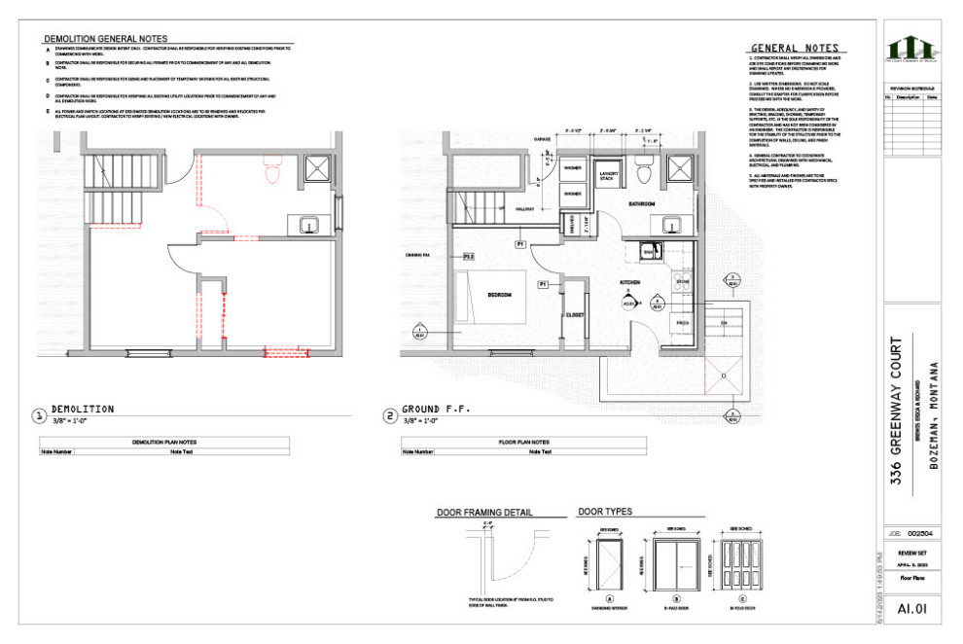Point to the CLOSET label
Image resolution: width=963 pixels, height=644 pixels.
[x=574, y=314]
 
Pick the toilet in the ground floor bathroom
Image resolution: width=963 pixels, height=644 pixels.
[x=642, y=171]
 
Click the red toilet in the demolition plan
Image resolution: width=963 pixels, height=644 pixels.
[x=272, y=173]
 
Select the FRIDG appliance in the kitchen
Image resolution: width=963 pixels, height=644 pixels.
[x=682, y=322]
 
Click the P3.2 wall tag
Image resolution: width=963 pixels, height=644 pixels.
[x=468, y=256]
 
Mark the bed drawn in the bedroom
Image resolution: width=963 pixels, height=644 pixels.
[x=486, y=302]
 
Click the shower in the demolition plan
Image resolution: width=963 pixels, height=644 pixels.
[x=316, y=167]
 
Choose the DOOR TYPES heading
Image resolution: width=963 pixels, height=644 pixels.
[x=605, y=512]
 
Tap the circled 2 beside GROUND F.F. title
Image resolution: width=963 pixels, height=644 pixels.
[x=391, y=417]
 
